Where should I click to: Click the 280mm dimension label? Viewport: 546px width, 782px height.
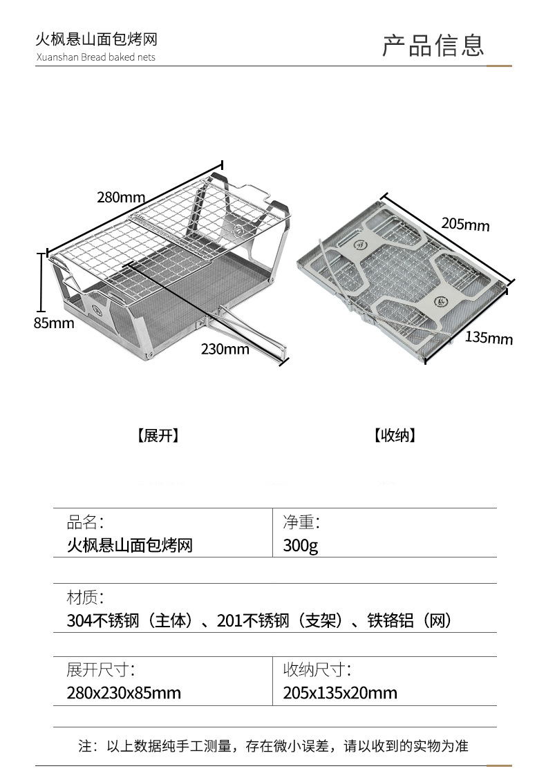(x=121, y=198)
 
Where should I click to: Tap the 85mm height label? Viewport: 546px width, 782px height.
(x=54, y=323)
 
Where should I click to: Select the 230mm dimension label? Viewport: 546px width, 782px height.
(x=225, y=349)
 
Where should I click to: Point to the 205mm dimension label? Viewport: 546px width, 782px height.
(x=465, y=224)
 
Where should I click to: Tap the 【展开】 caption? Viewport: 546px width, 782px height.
(x=158, y=435)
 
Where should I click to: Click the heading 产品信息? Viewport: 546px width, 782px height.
(x=433, y=45)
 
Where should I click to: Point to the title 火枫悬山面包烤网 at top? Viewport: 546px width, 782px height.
(x=96, y=40)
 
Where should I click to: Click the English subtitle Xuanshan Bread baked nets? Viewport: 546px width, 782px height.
(x=95, y=57)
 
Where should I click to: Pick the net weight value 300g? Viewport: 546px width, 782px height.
(x=301, y=545)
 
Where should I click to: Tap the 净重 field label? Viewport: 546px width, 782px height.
(x=301, y=522)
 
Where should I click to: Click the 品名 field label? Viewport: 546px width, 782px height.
(x=85, y=522)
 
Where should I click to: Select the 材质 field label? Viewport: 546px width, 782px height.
(x=85, y=597)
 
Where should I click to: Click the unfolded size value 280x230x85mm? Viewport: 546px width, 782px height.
(x=124, y=692)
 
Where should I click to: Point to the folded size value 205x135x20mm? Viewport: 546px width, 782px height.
(x=340, y=692)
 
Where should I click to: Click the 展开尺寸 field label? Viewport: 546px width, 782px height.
(x=101, y=669)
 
